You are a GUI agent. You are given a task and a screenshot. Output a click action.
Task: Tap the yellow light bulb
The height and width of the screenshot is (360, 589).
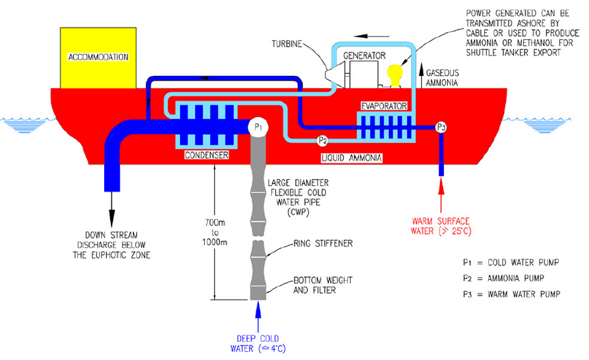click(394, 73)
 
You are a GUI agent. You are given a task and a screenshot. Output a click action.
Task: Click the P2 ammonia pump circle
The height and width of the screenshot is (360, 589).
click(323, 141)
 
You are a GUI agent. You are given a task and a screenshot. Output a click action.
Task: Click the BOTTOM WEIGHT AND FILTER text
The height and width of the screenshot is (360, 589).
click(321, 285)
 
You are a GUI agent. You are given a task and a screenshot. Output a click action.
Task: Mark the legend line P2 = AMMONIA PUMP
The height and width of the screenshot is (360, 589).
click(510, 279)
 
